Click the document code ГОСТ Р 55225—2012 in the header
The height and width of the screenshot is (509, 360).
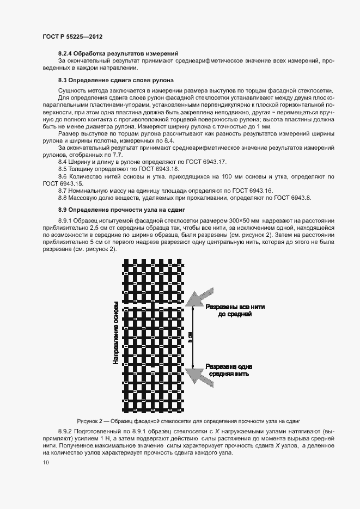[72, 36]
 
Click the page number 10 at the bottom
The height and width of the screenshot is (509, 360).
[46, 463]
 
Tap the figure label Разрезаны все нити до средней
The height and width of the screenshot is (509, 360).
[235, 310]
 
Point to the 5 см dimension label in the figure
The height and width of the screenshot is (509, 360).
[190, 337]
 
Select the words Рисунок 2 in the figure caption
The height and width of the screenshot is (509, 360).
[93, 421]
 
